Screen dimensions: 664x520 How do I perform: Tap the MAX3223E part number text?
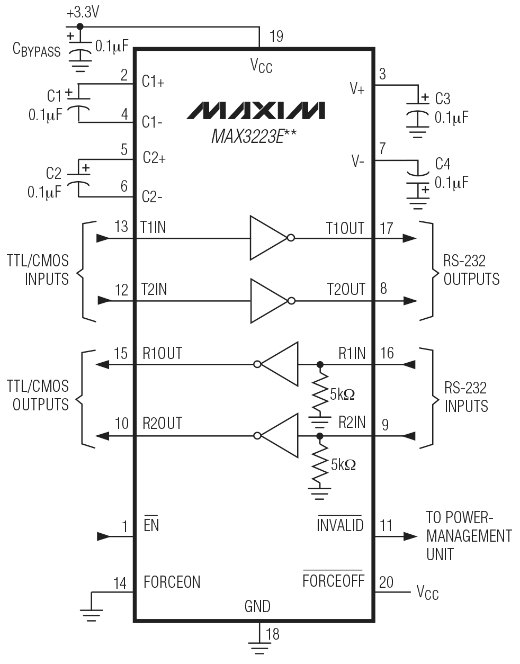[x=253, y=137]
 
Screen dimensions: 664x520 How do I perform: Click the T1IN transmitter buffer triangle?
[x=269, y=238]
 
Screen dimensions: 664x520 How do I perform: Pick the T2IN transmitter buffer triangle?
[x=269, y=301]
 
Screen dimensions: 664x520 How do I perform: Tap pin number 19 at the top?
[x=276, y=36]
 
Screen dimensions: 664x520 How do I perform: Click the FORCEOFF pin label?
[x=334, y=581]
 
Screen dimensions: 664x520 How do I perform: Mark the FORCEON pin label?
[x=172, y=582]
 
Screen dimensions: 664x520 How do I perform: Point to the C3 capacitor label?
[x=443, y=99]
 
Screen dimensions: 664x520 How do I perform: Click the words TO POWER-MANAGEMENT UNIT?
[x=468, y=536]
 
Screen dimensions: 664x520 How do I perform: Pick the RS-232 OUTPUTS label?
[x=471, y=270]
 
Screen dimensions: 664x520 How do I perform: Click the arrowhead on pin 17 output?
[x=409, y=238]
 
